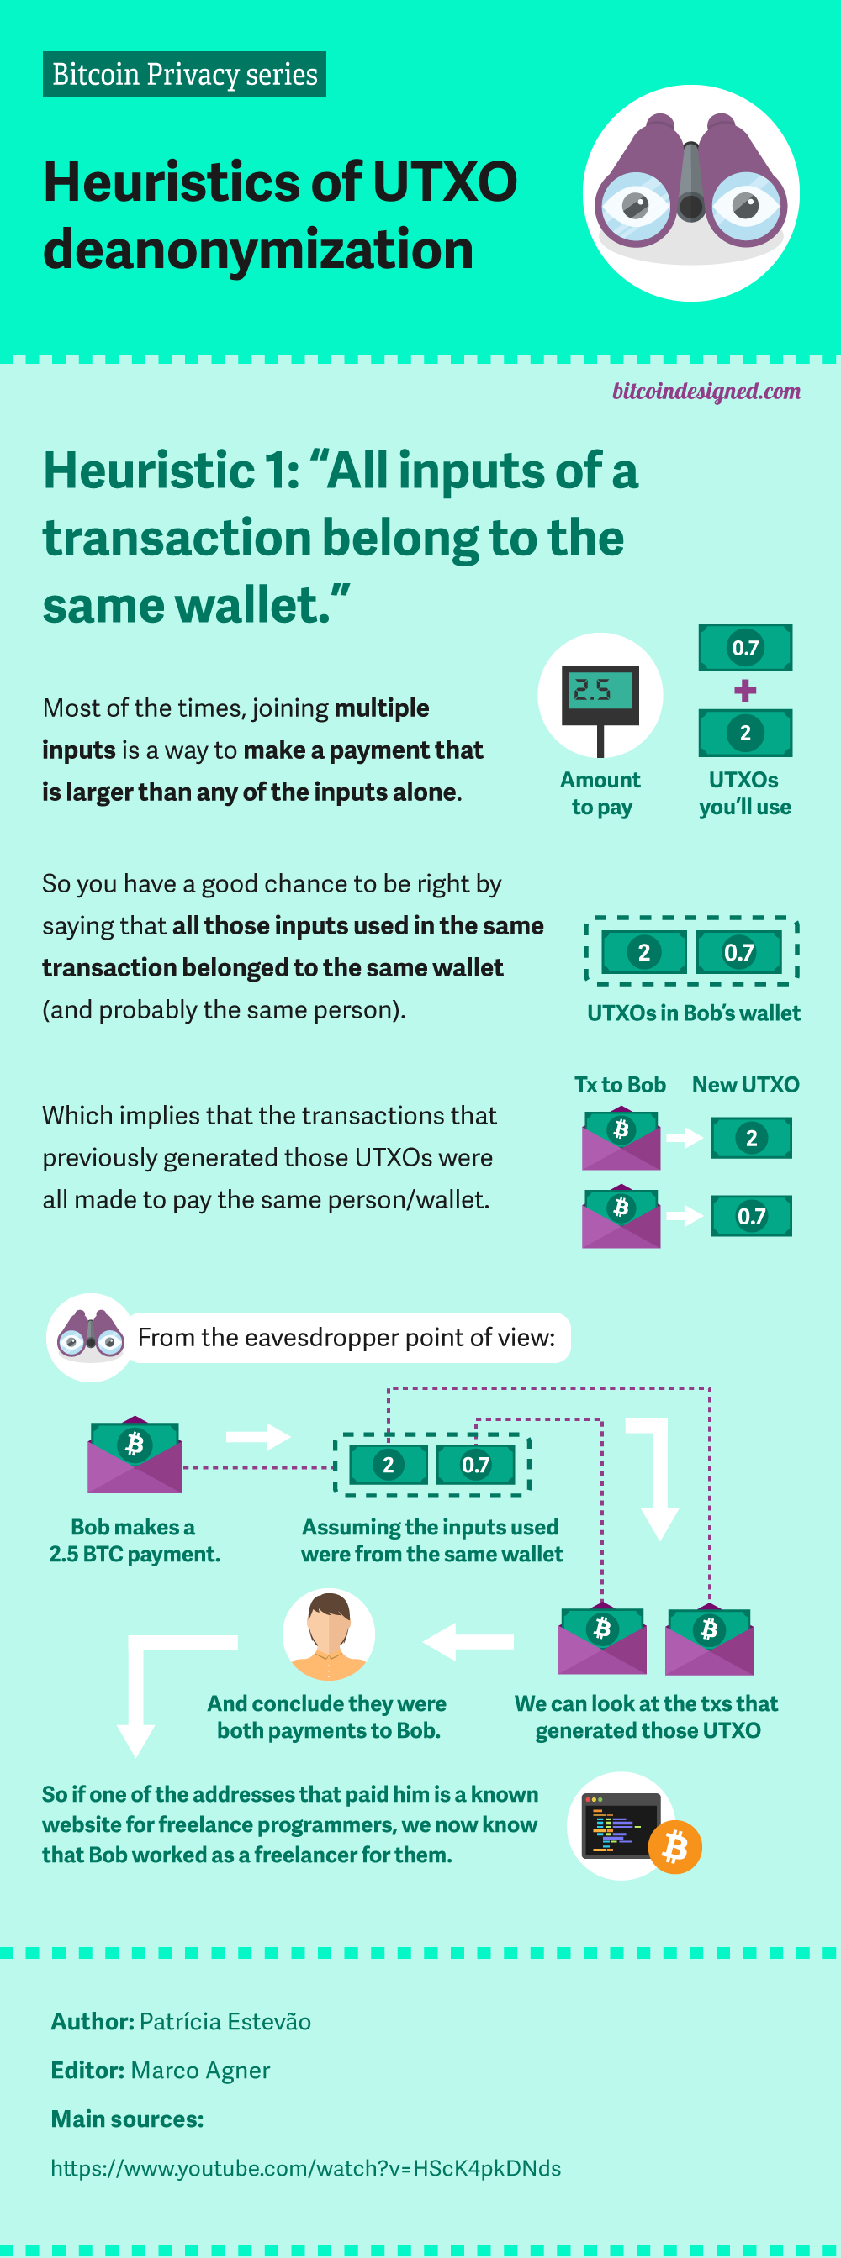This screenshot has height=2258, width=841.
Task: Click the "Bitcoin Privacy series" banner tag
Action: click(184, 75)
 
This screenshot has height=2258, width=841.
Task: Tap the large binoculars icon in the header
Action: click(690, 192)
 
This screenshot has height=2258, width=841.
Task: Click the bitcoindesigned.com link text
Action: click(706, 391)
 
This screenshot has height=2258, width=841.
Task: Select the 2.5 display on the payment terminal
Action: click(600, 690)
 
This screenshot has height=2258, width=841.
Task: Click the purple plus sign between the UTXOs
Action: click(744, 691)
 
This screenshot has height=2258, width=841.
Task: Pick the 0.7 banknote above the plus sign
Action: click(744, 648)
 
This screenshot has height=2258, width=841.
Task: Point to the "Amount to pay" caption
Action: click(600, 793)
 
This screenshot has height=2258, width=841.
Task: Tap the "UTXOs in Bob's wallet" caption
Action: click(693, 1013)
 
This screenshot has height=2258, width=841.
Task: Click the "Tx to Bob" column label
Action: click(620, 1084)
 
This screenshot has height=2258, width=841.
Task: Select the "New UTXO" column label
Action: click(745, 1084)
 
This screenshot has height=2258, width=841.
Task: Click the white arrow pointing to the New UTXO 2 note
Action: click(684, 1138)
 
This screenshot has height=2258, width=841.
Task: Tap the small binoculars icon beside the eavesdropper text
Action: click(90, 1337)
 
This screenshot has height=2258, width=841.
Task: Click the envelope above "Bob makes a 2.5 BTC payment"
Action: click(135, 1455)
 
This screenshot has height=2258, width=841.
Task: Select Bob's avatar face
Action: click(329, 1632)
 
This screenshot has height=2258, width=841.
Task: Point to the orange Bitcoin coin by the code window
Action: click(675, 1847)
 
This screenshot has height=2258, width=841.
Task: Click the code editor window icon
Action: click(621, 1824)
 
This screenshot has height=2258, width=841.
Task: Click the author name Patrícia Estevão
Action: click(225, 2021)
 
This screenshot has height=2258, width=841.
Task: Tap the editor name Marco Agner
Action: click(200, 2071)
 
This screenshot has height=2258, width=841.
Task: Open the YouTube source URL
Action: click(305, 2168)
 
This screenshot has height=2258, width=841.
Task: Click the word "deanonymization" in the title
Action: click(258, 250)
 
